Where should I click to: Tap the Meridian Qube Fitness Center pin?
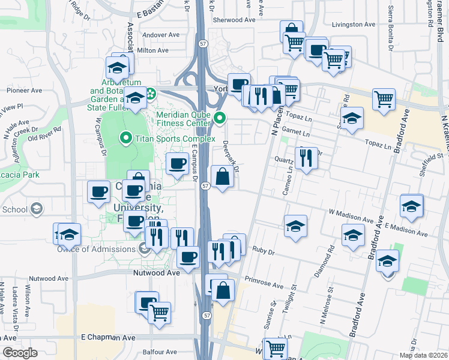(220, 118)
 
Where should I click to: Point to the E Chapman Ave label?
(108, 338)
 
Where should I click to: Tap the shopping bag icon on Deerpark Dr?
(222, 178)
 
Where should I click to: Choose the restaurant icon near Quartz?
(306, 159)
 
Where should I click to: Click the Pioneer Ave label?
(24, 91)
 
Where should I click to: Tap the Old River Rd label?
(44, 133)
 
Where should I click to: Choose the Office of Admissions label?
(101, 249)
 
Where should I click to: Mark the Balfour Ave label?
(160, 352)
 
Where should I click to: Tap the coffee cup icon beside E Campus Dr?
(176, 164)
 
